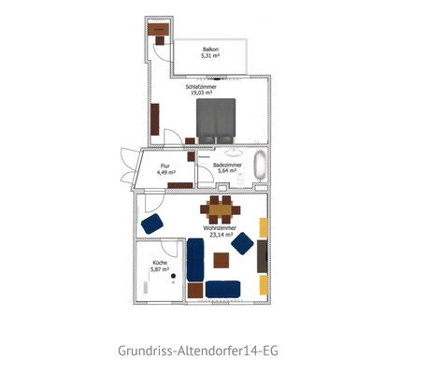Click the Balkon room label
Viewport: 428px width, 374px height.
211,49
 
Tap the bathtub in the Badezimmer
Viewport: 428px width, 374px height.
259,166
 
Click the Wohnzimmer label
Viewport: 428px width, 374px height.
220,228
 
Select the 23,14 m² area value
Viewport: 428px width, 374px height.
220,236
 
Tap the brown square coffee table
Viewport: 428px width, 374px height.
194,290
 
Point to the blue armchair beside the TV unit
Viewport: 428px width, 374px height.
242,243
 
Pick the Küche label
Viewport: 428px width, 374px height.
161,264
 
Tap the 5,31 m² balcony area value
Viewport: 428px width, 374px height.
211,56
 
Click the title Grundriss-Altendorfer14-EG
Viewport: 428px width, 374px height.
198,352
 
